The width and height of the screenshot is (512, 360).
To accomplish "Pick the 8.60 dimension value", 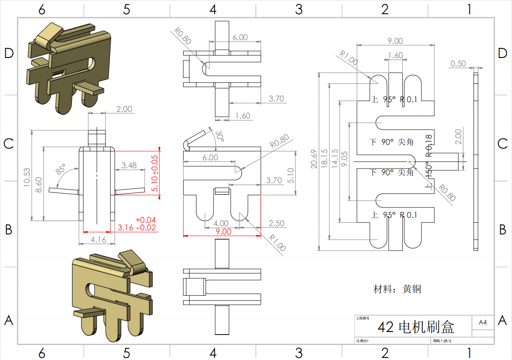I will tap(38, 184).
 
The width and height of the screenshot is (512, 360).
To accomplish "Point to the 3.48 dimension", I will tap(129, 165).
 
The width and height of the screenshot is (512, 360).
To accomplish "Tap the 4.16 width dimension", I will tap(98, 239).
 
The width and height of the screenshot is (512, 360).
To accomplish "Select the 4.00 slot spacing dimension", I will tap(221, 224).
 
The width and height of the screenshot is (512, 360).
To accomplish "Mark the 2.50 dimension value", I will tap(276, 224).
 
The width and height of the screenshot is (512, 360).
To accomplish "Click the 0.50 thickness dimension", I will tap(458, 63).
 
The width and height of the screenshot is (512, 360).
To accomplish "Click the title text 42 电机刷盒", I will tap(416, 327).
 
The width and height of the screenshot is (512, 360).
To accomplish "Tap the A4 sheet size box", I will tap(483, 322).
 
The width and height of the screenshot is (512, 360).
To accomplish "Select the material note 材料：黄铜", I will tap(397, 289).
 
